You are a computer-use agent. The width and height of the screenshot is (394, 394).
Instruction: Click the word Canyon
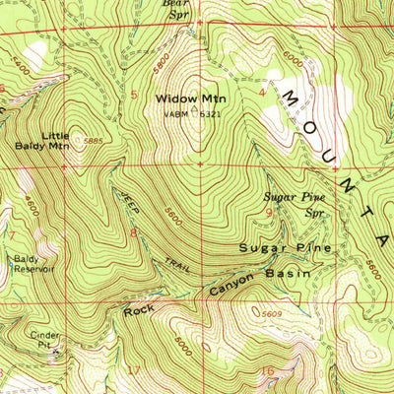pyautogui.click(x=231, y=286)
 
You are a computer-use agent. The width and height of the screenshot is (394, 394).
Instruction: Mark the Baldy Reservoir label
pyautogui.click(x=33, y=263)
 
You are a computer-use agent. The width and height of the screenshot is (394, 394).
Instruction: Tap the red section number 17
pyautogui.click(x=134, y=371)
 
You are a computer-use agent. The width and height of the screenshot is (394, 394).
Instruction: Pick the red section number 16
pyautogui.click(x=267, y=371)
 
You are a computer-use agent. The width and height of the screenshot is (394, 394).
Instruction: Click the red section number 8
pyautogui.click(x=132, y=232)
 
